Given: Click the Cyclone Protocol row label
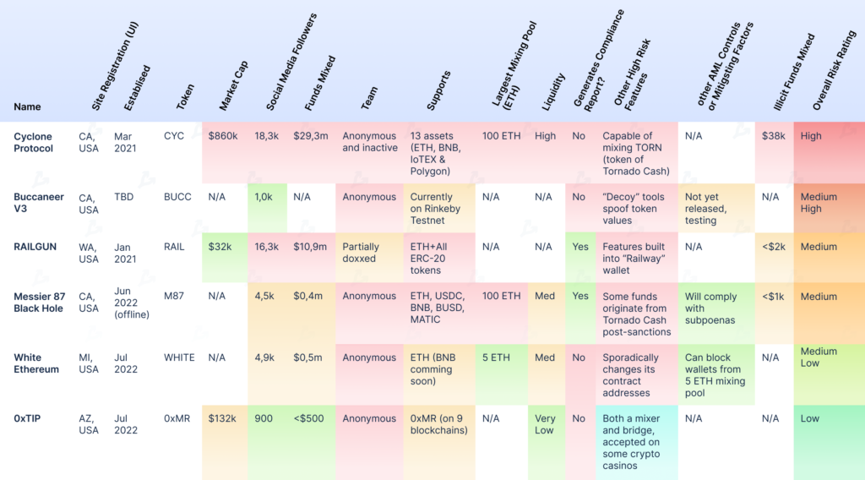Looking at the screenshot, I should coord(33,142).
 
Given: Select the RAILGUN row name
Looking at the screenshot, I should coord(36,247).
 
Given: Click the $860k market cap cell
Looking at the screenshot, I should coord(224,136).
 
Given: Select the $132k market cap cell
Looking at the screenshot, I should coord(224,418).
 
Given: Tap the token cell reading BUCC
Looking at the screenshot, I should coord(177,197).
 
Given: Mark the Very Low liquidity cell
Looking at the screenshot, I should coord(545,424).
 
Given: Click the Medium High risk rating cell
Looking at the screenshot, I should coord(819,203).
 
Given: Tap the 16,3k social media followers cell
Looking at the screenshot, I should coord(266,247).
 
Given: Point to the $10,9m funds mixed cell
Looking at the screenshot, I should coord(310,247).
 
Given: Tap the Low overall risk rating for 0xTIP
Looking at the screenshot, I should coord(810,418).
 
